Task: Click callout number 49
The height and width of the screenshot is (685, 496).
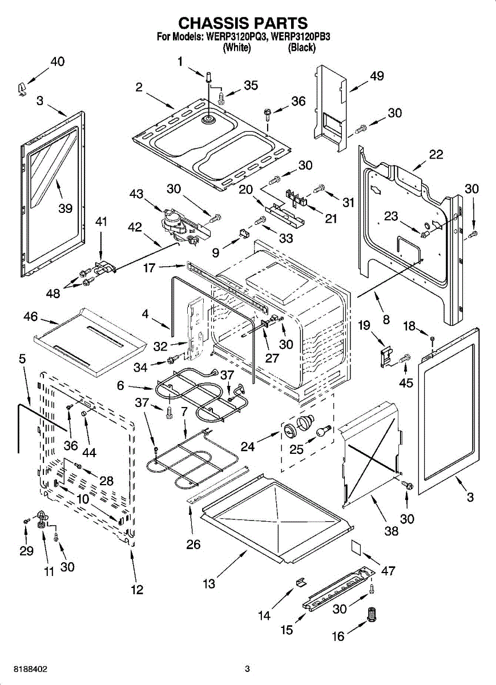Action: tap(377, 75)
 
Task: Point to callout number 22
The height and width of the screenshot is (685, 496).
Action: tap(435, 155)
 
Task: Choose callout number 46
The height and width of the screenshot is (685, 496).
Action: tap(31, 316)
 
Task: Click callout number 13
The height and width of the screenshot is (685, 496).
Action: tap(209, 584)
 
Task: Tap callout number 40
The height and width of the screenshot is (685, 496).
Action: tap(58, 62)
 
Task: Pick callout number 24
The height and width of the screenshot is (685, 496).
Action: tap(248, 447)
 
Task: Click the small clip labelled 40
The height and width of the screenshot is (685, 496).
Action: tap(21, 90)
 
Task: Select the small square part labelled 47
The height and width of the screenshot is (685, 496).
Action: tap(356, 547)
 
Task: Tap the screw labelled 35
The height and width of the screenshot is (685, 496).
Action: tap(221, 98)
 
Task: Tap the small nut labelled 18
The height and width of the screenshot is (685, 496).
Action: tap(433, 339)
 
